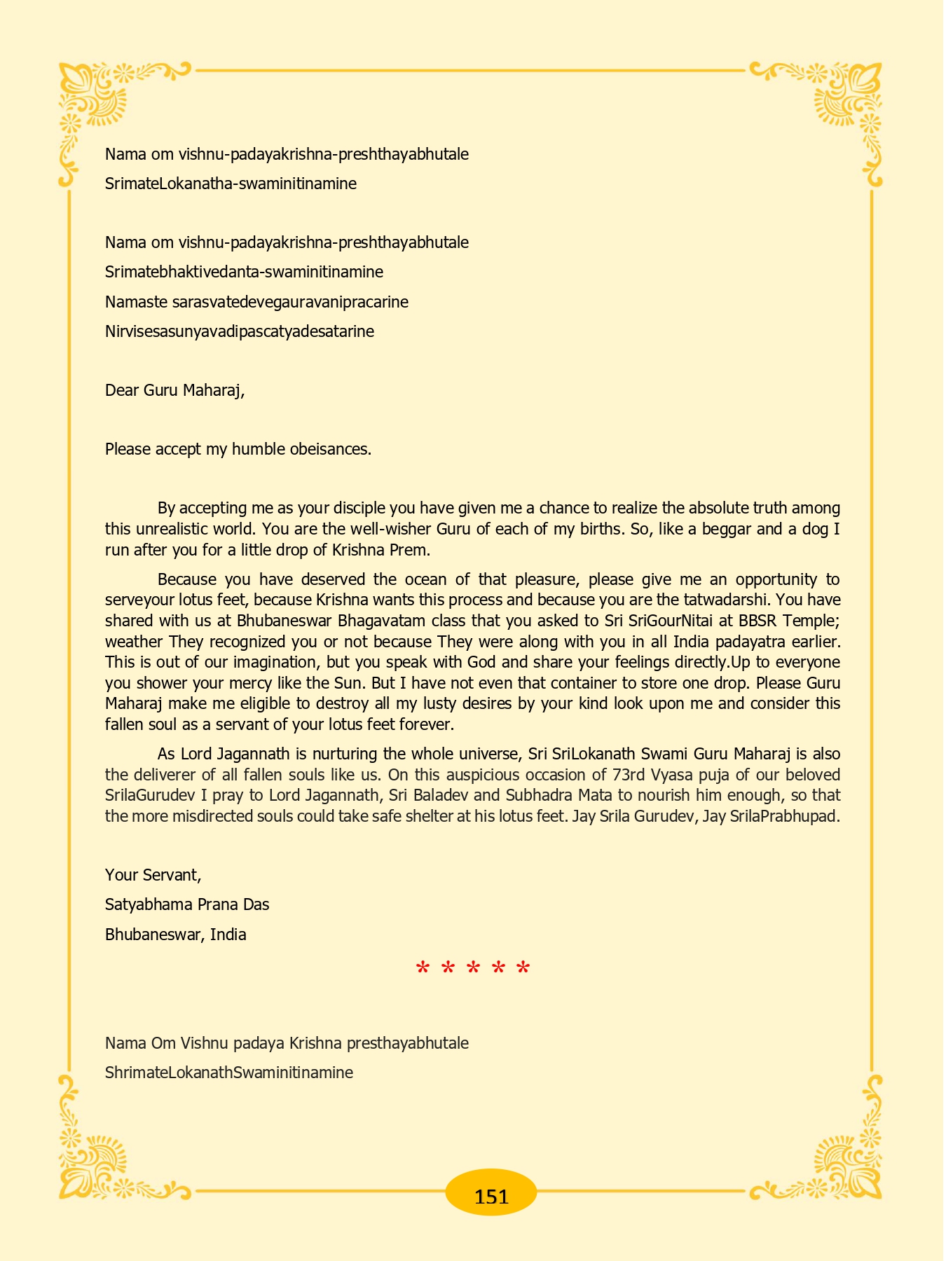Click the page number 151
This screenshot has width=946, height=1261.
click(x=491, y=1196)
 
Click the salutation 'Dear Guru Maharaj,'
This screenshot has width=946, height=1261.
click(x=174, y=390)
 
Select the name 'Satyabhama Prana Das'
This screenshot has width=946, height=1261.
click(x=187, y=904)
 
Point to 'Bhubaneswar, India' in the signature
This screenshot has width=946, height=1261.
click(x=175, y=935)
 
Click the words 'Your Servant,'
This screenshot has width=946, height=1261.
click(x=153, y=875)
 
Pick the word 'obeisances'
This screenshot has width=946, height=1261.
click(x=329, y=449)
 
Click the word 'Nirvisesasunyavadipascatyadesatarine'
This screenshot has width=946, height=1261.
click(x=239, y=331)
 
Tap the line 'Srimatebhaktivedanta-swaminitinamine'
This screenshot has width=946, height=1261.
click(x=244, y=272)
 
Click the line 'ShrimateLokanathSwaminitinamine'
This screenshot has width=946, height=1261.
click(x=228, y=1073)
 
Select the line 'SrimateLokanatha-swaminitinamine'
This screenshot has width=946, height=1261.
click(x=231, y=184)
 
